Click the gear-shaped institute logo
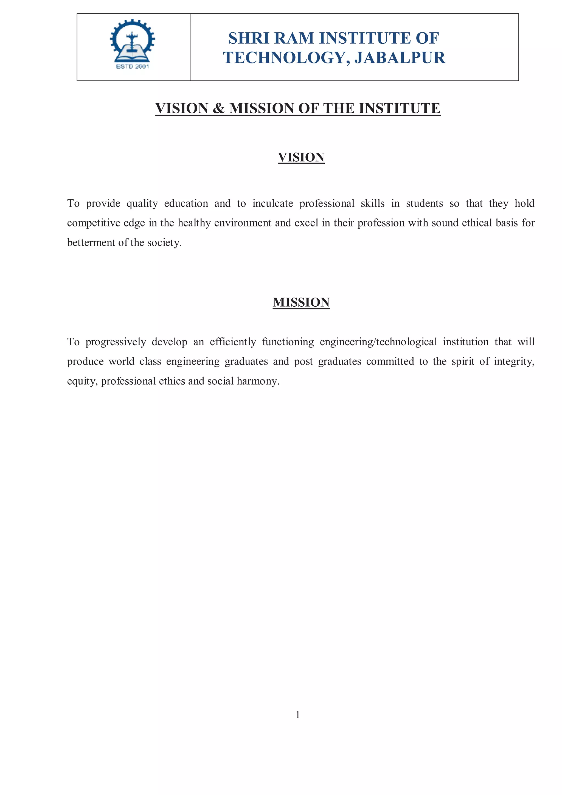coord(133,41)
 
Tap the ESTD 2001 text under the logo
coord(133,66)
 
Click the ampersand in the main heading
coord(218,108)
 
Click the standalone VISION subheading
coord(301,157)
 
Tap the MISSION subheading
coord(301,302)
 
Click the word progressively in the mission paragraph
coord(116,342)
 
